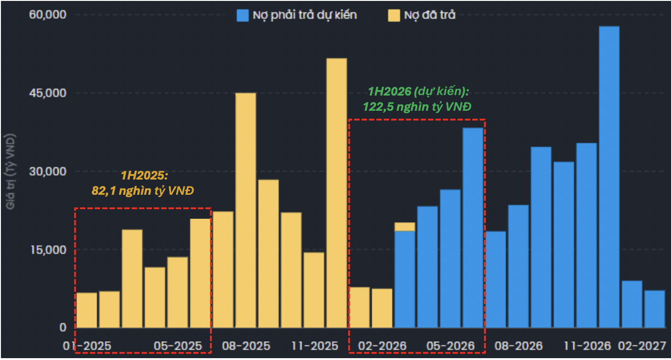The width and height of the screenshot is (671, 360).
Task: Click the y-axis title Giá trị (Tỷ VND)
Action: (x=11, y=171)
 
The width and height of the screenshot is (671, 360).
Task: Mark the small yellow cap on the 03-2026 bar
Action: (x=405, y=227)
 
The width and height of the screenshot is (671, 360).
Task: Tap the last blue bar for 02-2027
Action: (x=654, y=309)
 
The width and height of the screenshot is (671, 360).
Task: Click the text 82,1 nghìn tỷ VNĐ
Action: (x=143, y=191)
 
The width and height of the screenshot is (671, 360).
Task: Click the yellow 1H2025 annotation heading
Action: (x=143, y=176)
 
